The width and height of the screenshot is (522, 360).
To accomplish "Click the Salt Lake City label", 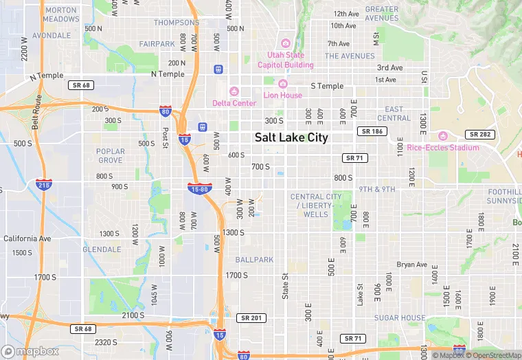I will pyautogui.click(x=291, y=137).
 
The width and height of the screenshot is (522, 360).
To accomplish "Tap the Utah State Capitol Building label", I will pyautogui.click(x=285, y=60).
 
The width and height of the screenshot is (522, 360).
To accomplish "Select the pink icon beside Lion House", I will pyautogui.click(x=282, y=84).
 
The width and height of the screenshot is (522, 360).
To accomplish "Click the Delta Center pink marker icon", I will pyautogui.click(x=234, y=91).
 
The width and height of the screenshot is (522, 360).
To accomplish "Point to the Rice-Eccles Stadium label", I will pyautogui.click(x=442, y=147).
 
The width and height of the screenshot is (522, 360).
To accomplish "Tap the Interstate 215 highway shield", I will pyautogui.click(x=43, y=185).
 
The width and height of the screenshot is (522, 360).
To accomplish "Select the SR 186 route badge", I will pyautogui.click(x=372, y=131).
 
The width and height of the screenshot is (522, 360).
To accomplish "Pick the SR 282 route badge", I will pyautogui.click(x=479, y=135).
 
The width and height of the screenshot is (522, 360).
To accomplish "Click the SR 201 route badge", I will pyautogui.click(x=251, y=318).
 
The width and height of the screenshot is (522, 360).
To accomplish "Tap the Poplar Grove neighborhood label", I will pyautogui.click(x=111, y=156).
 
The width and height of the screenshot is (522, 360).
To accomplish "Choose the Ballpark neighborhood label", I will pyautogui.click(x=253, y=260).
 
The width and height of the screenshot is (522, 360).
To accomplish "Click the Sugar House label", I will pyautogui.click(x=400, y=318).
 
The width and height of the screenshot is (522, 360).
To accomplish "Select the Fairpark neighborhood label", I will pyautogui.click(x=157, y=44).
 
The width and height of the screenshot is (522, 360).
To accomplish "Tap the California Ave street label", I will pyautogui.click(x=27, y=238).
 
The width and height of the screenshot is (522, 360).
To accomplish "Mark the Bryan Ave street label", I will pyautogui.click(x=412, y=265).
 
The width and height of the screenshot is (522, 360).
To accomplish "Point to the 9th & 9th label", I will pyautogui.click(x=376, y=189).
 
